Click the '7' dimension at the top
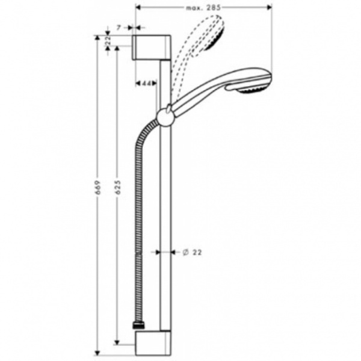click(120, 28)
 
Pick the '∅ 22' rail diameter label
click(192, 252)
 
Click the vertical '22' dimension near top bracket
click(107, 41)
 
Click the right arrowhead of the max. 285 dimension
click(270, 7)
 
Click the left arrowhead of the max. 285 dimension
click(140, 7)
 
